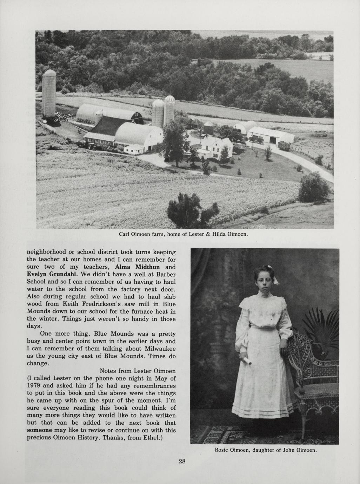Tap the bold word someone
(x=40, y=430)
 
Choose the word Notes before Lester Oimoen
(x=110, y=371)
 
